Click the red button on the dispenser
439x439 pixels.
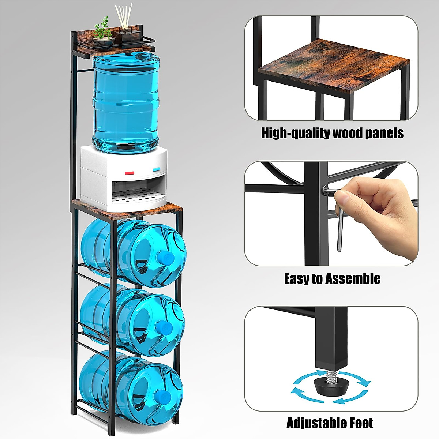[x=130, y=173]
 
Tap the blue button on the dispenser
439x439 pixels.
[x=157, y=169]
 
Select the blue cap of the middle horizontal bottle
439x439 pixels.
[x=164, y=326]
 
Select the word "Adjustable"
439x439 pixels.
[x=316, y=423]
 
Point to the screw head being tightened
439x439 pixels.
[x=324, y=190]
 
